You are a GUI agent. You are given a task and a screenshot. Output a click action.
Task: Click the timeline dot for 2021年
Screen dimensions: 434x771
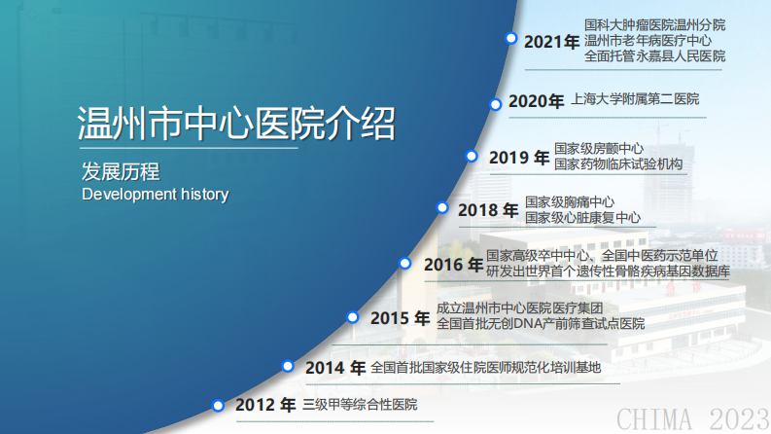pos(510,39)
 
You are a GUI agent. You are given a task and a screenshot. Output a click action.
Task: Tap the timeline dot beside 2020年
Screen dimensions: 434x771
pos(496,103)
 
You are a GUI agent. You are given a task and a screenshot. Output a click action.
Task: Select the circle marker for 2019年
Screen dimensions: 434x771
pos(472,156)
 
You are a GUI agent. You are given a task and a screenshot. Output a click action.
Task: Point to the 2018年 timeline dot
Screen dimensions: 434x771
pos(442,207)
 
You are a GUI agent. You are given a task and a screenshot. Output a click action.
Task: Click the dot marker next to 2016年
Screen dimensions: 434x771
pos(405,263)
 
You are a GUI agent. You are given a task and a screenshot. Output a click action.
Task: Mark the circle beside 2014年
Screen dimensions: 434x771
pos(288,366)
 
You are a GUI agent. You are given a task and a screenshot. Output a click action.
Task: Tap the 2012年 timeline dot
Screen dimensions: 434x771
pos(219,405)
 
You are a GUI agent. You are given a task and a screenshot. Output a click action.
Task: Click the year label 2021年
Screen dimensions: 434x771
pos(551,42)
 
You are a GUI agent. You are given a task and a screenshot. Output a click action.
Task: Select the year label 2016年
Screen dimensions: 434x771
pos(453,264)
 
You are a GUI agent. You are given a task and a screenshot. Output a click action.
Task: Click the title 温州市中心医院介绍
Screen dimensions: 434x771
pos(236,125)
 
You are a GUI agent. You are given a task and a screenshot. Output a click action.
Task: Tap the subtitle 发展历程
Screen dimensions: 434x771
pos(121,172)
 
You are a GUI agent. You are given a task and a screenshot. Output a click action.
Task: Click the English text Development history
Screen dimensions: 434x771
pos(155,195)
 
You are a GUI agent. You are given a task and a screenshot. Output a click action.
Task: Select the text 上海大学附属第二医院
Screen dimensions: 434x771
pos(635,99)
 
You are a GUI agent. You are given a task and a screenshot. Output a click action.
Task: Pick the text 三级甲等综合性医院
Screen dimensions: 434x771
pos(360,404)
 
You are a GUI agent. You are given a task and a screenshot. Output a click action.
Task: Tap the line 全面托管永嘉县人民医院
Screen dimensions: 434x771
pos(654,56)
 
